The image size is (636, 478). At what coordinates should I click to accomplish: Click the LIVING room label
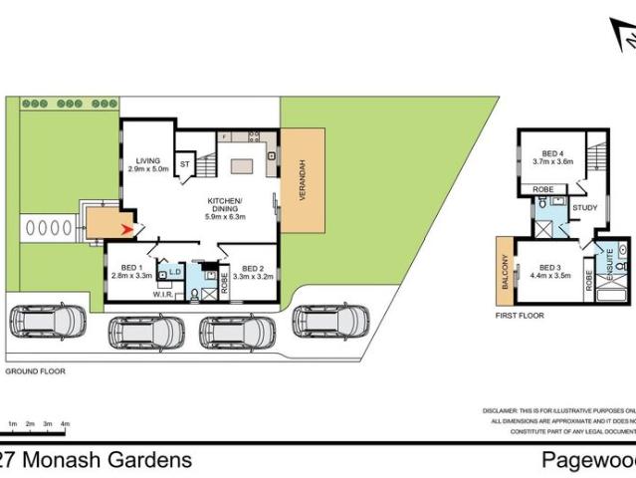[148, 160]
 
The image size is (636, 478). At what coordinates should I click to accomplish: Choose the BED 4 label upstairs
[553, 153]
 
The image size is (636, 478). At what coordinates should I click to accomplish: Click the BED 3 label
[553, 267]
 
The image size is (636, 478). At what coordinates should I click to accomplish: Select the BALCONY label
[507, 271]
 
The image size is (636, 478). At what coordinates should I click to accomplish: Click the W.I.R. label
[163, 294]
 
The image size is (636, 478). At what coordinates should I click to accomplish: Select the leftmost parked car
[49, 322]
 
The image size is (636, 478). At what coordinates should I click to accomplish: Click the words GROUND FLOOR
[35, 370]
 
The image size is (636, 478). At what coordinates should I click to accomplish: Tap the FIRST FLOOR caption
[521, 315]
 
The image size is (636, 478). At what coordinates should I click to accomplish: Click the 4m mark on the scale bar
[65, 424]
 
